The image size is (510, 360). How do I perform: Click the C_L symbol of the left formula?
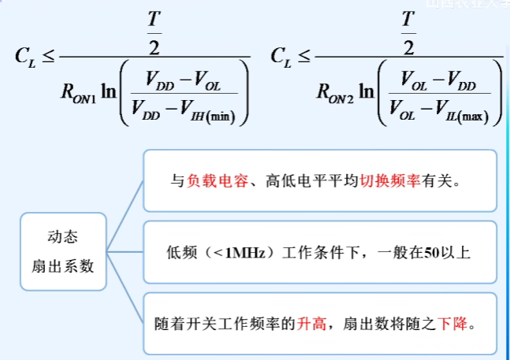click(23, 57)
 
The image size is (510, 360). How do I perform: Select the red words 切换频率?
click(388, 181)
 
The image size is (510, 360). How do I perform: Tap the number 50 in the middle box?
click(431, 253)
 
